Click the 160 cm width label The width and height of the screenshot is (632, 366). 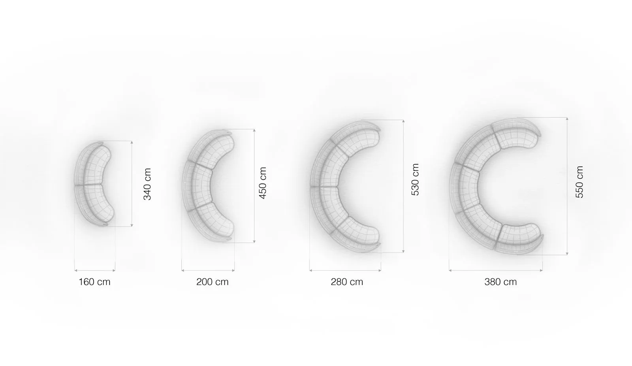[94, 282]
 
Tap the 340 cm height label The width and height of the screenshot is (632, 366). [147, 184]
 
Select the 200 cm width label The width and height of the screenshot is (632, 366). [212, 282]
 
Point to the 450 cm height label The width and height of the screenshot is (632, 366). [262, 183]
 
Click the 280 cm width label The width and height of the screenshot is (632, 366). [347, 282]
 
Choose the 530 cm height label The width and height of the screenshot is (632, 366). [415, 179]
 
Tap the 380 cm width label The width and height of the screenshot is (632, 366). [500, 282]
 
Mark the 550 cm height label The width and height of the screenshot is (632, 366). [579, 182]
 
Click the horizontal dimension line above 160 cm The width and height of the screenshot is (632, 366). [95, 270]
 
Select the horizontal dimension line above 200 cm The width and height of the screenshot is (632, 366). [208, 270]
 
